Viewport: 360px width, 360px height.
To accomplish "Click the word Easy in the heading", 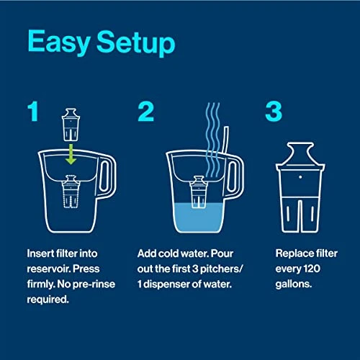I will click(x=57, y=43).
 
